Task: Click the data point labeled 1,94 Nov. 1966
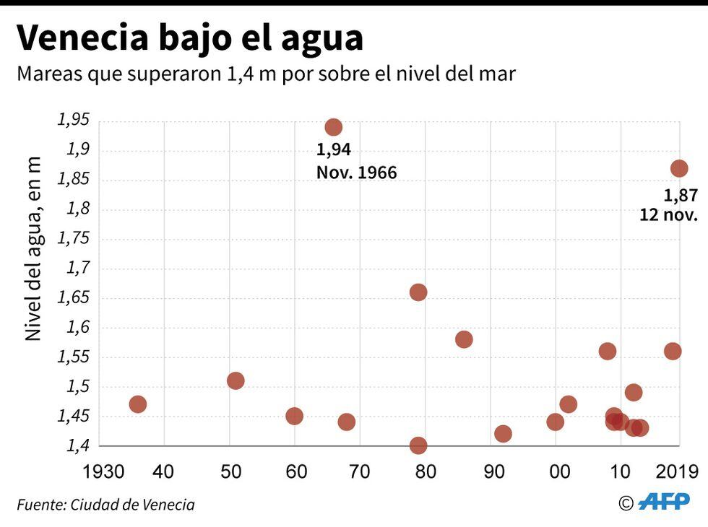click(x=333, y=128)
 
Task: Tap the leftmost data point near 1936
click(x=137, y=404)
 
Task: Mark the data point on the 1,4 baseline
click(x=418, y=445)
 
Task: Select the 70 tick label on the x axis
click(x=360, y=473)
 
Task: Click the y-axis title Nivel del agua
click(x=33, y=249)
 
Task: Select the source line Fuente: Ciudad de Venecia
click(x=105, y=504)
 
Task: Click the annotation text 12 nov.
click(x=668, y=214)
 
